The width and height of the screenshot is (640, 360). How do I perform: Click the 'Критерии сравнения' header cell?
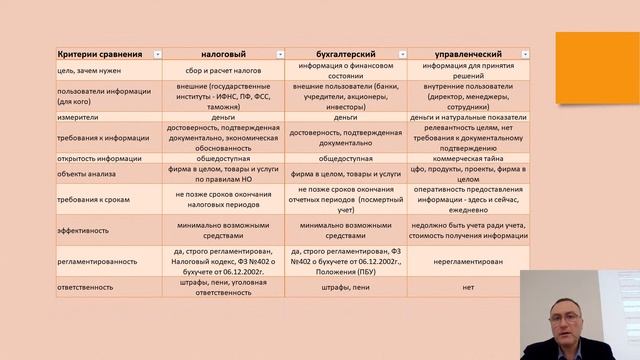pyautogui.click(x=86, y=52)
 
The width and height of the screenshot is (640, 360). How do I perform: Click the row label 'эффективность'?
pyautogui.click(x=58, y=228)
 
